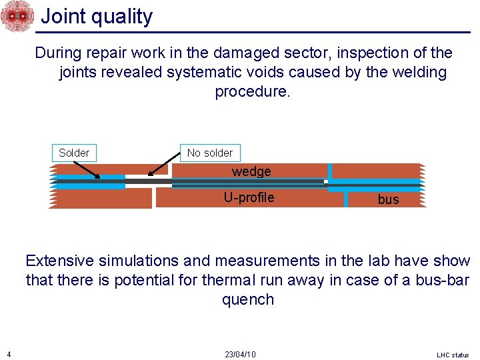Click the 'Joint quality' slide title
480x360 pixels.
(x=97, y=16)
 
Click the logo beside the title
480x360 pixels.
(x=17, y=16)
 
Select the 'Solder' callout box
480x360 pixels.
(x=73, y=153)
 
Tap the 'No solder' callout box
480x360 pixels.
(x=210, y=153)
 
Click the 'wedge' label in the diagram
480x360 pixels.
(x=251, y=171)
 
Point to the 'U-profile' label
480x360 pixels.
(x=249, y=197)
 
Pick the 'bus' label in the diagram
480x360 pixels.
(x=388, y=199)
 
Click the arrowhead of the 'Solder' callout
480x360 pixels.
(x=99, y=177)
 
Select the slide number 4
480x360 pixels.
(x=6, y=353)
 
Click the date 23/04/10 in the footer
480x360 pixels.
(x=240, y=354)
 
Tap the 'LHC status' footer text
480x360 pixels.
(x=453, y=355)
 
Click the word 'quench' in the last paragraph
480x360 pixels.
(x=248, y=299)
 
